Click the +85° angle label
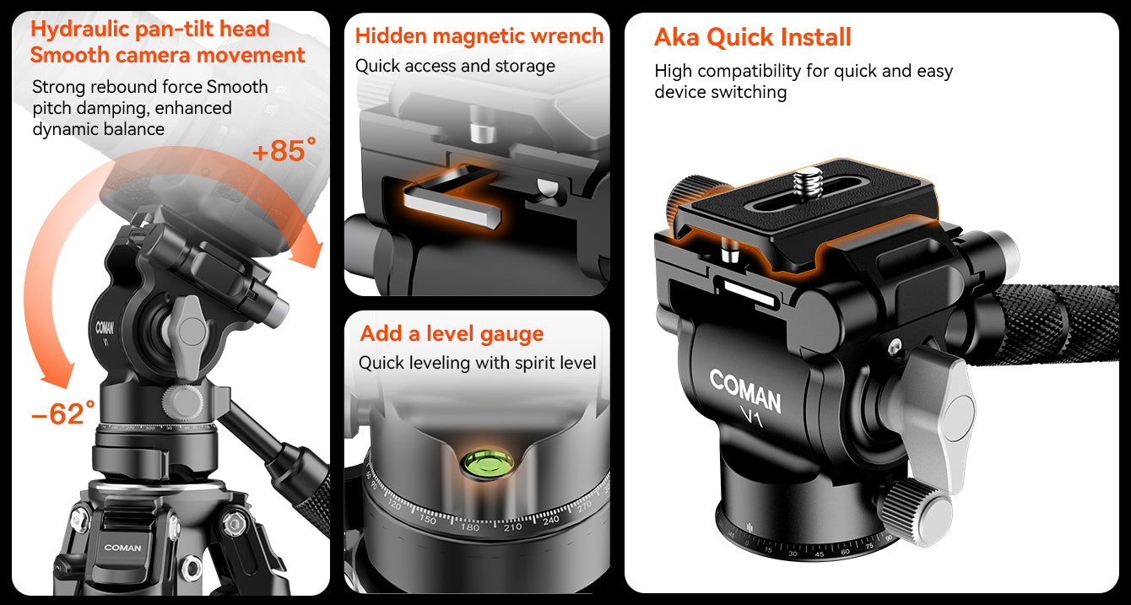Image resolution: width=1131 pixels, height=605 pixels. [x=284, y=149]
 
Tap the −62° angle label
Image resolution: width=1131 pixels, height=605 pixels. [x=63, y=413]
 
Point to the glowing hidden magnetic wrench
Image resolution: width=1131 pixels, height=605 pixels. [x=452, y=196]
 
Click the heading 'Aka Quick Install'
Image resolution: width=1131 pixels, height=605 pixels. [x=752, y=37]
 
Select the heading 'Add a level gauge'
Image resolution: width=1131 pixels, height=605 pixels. [x=452, y=333]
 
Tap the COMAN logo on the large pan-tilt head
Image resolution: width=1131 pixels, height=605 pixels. [x=745, y=391]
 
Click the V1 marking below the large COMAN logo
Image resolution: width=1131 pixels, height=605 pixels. [x=752, y=416]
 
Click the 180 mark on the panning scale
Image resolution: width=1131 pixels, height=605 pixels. [x=469, y=527]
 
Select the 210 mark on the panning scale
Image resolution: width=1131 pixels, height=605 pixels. [x=512, y=527]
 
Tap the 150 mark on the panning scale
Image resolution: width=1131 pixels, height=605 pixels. [x=428, y=518]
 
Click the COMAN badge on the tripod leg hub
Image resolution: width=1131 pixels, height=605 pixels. [x=122, y=548]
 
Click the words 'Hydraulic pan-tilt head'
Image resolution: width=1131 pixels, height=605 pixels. [x=150, y=29]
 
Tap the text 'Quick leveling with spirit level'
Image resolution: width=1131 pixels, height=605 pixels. [x=477, y=363]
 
